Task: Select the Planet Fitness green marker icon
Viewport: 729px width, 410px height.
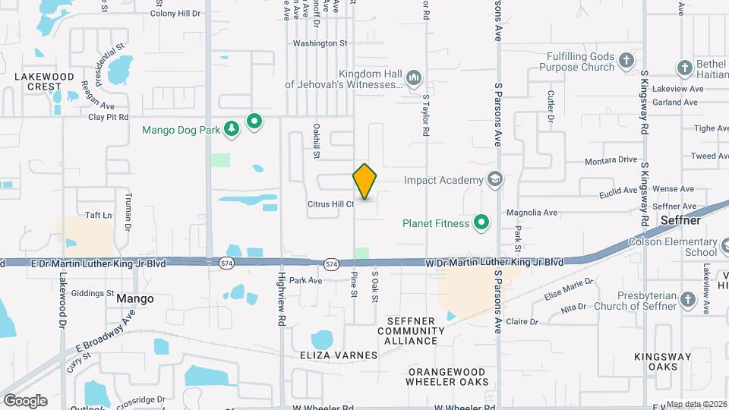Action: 481,223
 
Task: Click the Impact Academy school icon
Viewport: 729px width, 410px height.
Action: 495,180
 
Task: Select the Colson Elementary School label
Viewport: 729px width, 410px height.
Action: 672,248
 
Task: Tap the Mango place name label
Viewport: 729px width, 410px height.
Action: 135,299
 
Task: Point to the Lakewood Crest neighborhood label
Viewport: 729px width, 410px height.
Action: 45,81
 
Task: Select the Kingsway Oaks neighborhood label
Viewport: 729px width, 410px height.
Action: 669,361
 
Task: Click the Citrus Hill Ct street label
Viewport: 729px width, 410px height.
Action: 331,204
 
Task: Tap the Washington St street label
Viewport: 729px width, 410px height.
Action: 320,44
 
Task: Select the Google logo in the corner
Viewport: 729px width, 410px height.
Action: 25,401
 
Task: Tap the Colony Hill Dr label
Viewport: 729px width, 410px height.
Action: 175,14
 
